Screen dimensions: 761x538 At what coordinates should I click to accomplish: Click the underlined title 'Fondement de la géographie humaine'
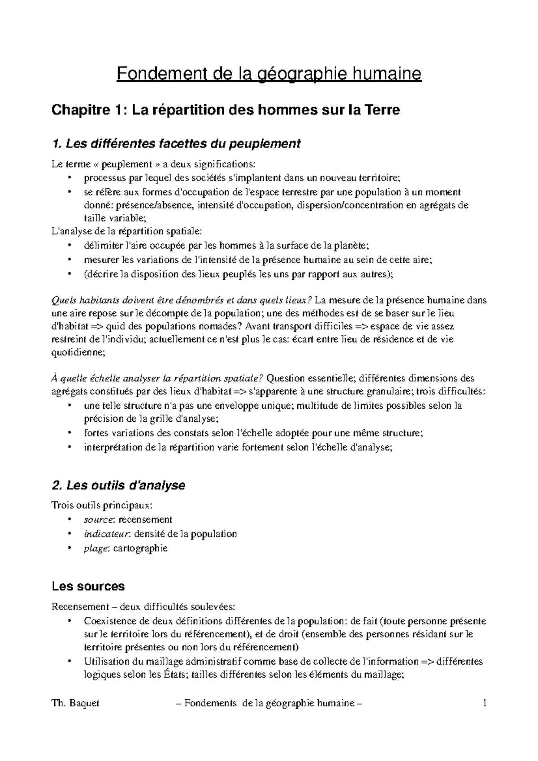pos(269,74)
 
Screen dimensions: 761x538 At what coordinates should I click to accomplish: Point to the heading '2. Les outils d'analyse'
pos(118,485)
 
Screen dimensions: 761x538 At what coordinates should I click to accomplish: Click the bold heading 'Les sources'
pos(88,586)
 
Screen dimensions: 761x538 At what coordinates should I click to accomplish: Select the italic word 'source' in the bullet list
pos(97,519)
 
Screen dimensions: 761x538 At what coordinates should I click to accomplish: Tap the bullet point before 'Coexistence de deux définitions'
pos(69,621)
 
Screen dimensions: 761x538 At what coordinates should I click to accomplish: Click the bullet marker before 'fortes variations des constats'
pos(69,433)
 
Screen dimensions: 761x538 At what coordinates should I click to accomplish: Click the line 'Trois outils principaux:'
pos(102,506)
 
